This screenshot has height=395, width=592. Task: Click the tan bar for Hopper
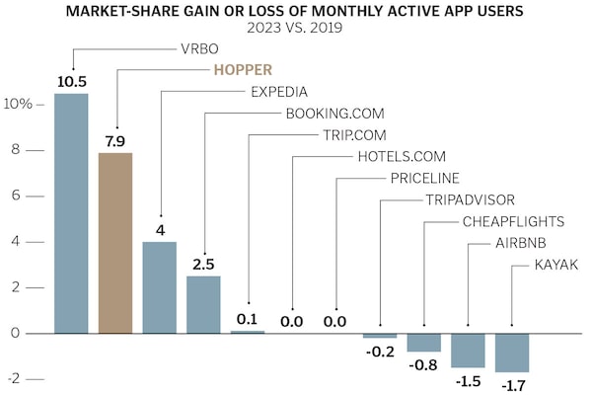(115, 243)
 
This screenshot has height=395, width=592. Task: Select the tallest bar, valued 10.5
(71, 213)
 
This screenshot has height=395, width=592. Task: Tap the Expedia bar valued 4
(160, 287)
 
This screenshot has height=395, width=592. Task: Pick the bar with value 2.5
(203, 304)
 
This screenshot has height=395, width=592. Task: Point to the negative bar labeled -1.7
(512, 353)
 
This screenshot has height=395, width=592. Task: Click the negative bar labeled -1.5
(468, 351)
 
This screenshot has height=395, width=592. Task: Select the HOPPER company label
(245, 70)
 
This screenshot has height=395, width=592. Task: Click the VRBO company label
(200, 48)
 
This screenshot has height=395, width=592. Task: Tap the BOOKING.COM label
(334, 114)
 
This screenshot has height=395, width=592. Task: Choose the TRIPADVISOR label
(471, 199)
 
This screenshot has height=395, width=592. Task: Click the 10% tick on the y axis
(23, 104)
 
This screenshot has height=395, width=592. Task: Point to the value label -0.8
(424, 363)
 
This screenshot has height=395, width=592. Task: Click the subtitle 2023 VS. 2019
(296, 28)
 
